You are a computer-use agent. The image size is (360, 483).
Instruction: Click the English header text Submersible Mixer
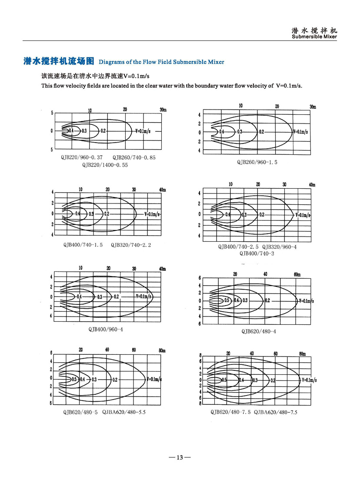(x=314, y=37)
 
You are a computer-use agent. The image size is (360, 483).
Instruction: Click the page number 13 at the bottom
(x=180, y=457)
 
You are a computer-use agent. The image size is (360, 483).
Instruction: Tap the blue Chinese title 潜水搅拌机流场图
(x=59, y=61)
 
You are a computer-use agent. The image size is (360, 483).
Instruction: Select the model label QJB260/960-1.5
(x=257, y=162)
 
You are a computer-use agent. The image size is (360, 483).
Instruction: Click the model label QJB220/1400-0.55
(x=105, y=165)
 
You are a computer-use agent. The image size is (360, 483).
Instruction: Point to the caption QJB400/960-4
(x=106, y=330)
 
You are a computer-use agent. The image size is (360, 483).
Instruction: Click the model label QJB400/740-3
(x=257, y=253)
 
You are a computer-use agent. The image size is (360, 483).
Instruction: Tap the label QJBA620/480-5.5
(x=124, y=412)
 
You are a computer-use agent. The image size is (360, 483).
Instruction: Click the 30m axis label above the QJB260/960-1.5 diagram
(x=312, y=107)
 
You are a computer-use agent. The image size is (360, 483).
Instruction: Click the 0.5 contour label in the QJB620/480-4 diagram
(x=226, y=300)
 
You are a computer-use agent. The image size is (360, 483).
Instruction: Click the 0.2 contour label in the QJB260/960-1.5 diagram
(x=261, y=132)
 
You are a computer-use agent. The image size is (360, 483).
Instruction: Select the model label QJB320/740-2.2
(x=131, y=245)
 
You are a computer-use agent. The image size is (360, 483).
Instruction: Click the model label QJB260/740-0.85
(x=134, y=157)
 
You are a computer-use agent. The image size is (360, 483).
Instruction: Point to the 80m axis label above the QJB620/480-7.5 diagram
(x=303, y=354)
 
